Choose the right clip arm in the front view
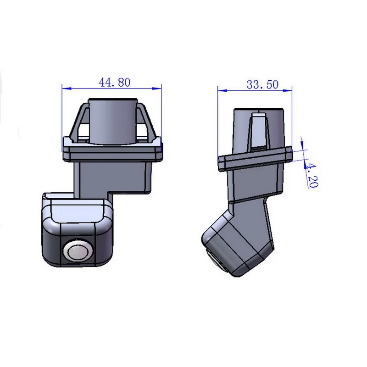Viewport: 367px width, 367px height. click(148, 122)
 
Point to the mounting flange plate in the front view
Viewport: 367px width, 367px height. click(112, 151)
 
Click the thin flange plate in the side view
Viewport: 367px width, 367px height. click(255, 158)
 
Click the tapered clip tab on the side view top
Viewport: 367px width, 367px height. click(258, 131)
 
